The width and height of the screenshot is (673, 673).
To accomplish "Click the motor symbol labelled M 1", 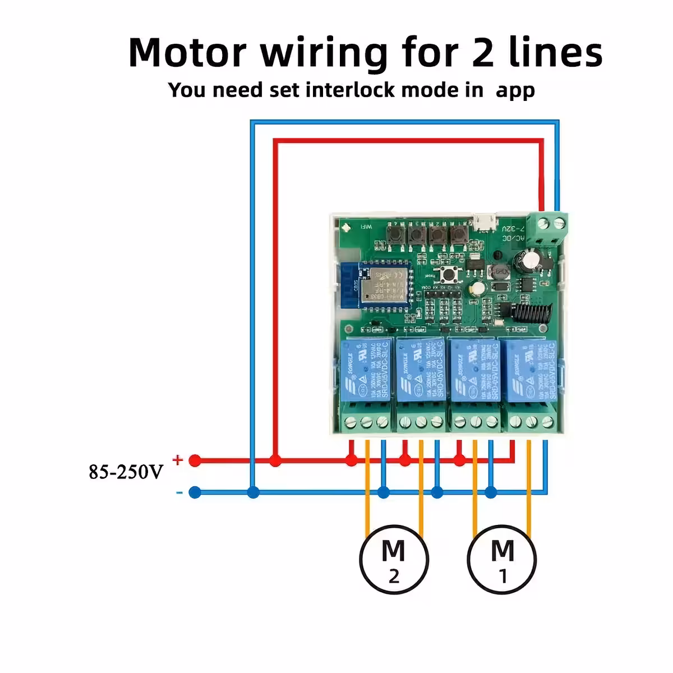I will (502, 559).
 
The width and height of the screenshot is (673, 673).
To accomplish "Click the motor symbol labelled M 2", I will (394, 559).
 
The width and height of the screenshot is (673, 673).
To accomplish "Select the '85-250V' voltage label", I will (126, 472).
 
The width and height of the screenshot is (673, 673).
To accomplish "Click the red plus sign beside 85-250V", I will (178, 460).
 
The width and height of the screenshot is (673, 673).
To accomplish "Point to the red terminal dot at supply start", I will (195, 461).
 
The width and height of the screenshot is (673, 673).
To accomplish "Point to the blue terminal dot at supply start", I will (195, 493).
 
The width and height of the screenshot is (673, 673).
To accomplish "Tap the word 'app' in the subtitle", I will (514, 90).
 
